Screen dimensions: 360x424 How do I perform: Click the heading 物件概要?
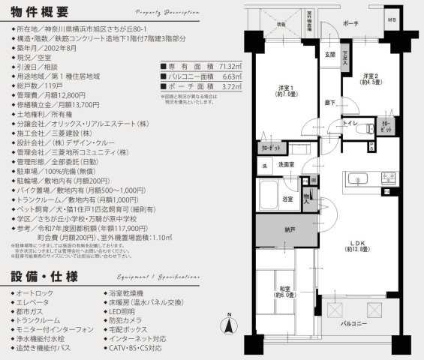[x=38, y=13]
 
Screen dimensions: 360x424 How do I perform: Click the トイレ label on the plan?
[x=349, y=122]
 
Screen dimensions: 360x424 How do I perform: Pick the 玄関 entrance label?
[x=329, y=55]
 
